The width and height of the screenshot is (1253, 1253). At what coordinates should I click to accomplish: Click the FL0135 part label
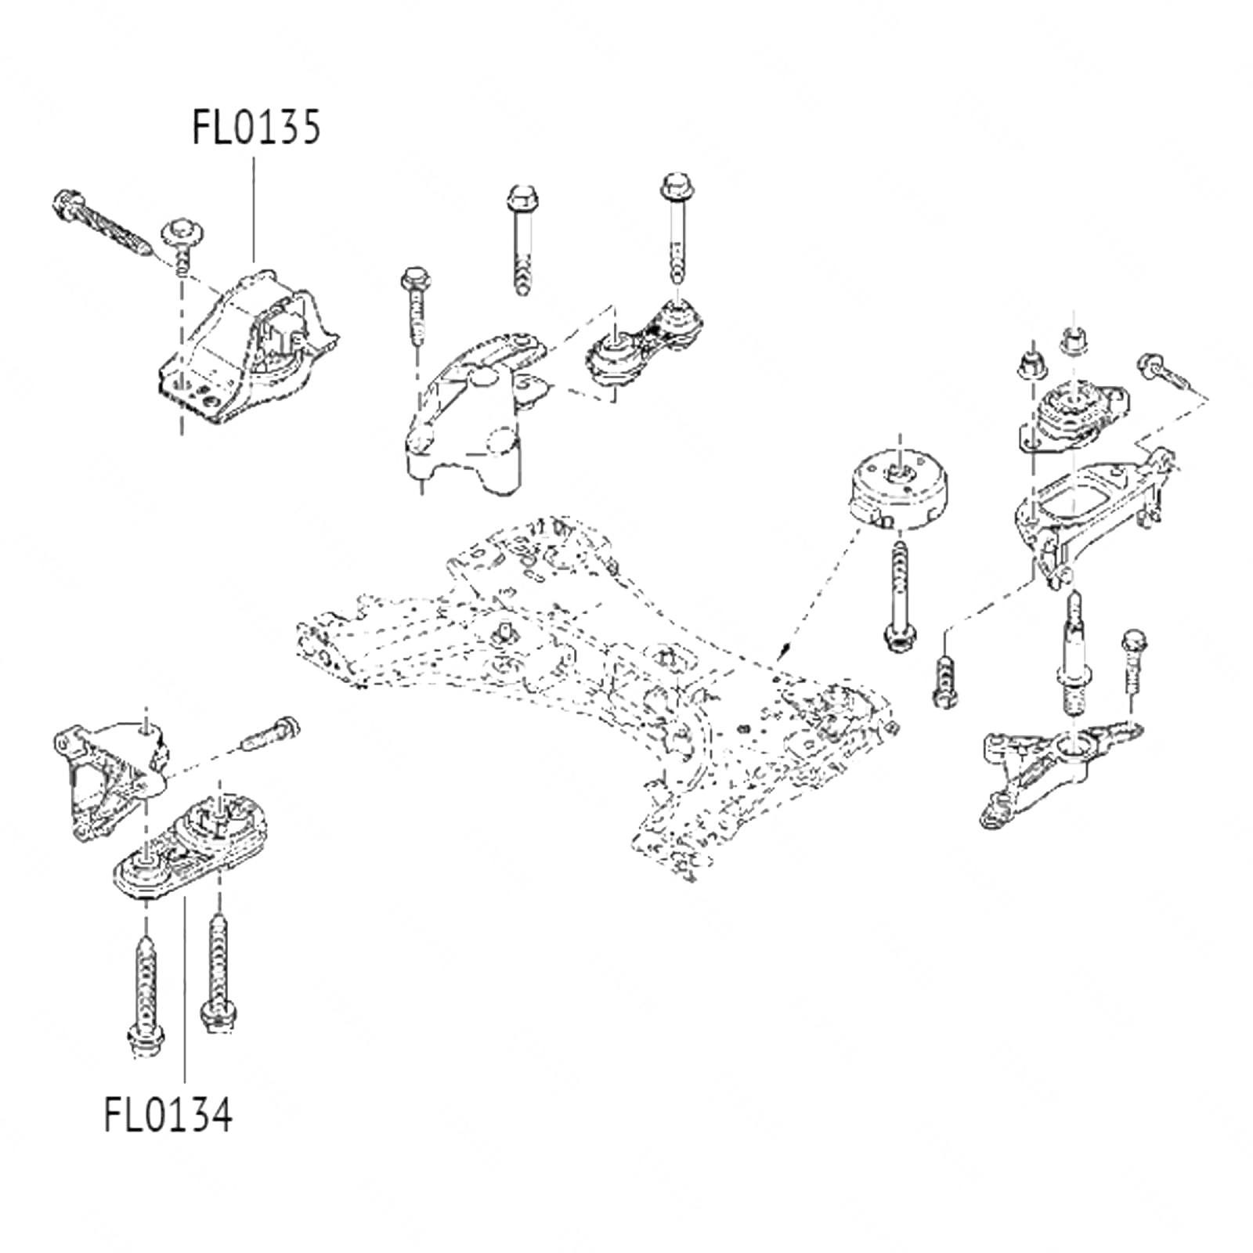[256, 128]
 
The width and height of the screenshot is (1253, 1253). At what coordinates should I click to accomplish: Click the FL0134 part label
[168, 1114]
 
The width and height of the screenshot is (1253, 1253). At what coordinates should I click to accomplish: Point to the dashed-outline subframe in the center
[595, 681]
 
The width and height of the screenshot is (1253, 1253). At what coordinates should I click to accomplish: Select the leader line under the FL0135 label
[253, 208]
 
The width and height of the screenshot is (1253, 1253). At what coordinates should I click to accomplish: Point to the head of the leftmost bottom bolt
[146, 1042]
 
